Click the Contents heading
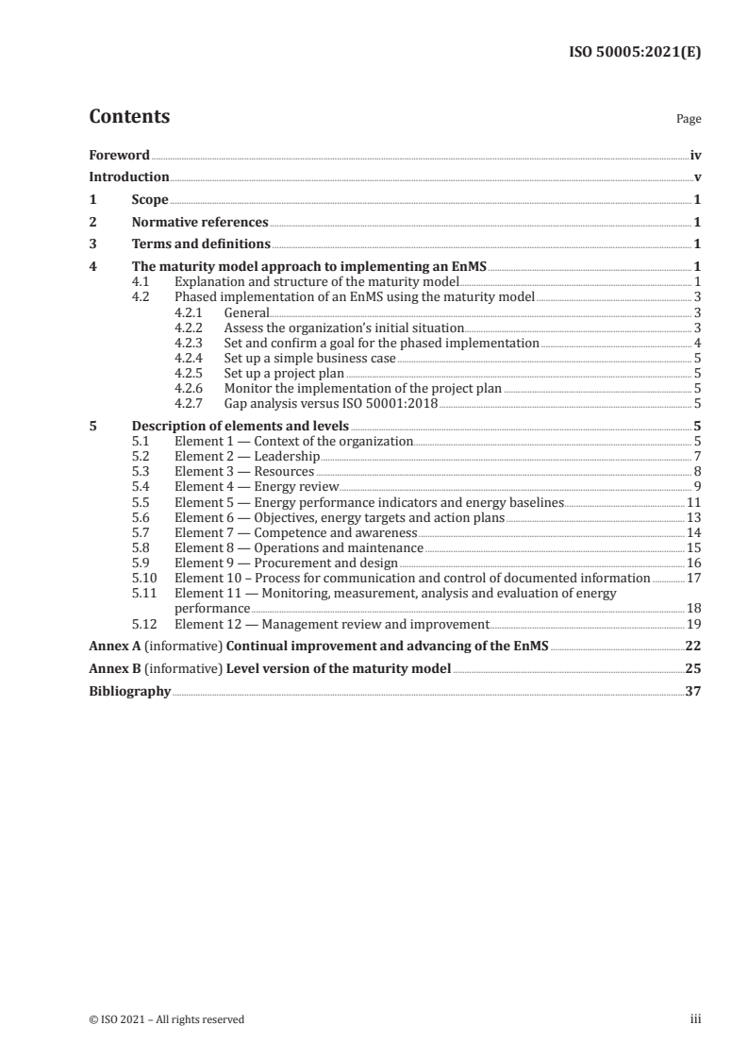click(x=129, y=117)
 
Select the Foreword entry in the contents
click(x=119, y=154)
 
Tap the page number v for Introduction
click(x=696, y=176)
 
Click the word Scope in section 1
click(x=150, y=200)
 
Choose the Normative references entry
click(x=200, y=223)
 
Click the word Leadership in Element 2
click(x=288, y=456)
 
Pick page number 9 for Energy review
click(x=696, y=486)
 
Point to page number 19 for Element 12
click(x=694, y=624)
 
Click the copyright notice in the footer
click(x=166, y=1018)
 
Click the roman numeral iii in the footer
click(x=696, y=1018)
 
